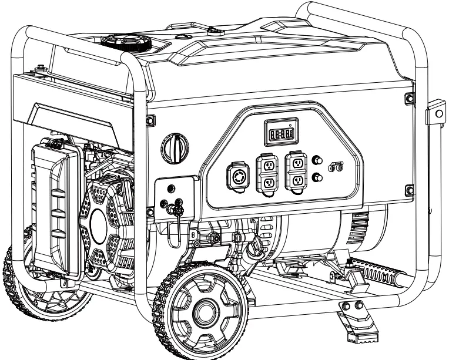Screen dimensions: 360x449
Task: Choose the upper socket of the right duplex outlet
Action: (296, 162)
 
